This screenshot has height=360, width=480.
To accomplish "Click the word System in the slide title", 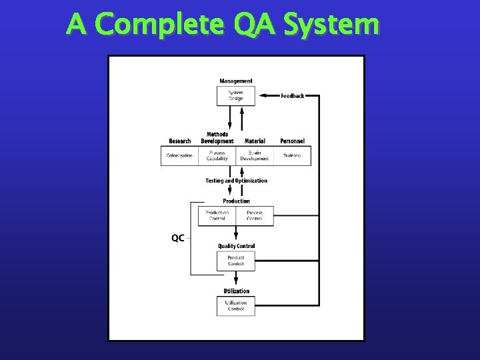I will click(331, 25).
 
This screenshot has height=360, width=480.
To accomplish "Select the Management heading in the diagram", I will click(236, 81).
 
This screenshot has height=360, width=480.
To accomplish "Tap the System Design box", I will click(236, 95).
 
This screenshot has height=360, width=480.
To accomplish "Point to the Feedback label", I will click(292, 96).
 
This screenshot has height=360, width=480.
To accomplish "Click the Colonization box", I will click(179, 155).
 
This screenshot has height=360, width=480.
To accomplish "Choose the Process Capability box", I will click(217, 155).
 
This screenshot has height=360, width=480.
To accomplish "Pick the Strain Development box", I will click(255, 155).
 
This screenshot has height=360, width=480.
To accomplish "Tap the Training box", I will click(292, 155).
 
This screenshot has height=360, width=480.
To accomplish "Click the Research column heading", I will click(179, 141).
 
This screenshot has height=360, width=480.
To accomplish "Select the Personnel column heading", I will click(292, 141).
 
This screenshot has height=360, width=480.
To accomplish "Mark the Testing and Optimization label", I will click(236, 181).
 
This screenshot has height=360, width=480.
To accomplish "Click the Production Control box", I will click(217, 216).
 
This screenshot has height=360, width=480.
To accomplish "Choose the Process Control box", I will click(255, 216).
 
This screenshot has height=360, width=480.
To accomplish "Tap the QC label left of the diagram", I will click(178, 238).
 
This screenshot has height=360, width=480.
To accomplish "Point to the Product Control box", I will click(236, 261).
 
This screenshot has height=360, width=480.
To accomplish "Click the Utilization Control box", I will click(236, 306).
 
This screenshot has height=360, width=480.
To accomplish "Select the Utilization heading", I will click(236, 291).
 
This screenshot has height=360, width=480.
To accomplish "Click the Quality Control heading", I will click(236, 246).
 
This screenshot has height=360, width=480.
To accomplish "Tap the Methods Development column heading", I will click(217, 138).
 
